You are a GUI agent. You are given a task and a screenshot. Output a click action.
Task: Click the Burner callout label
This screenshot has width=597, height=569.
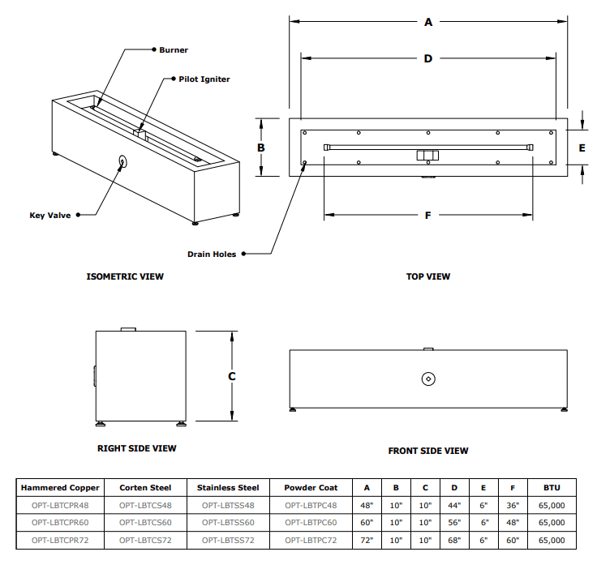174,50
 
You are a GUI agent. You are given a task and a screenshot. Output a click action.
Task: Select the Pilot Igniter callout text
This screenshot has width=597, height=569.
204,79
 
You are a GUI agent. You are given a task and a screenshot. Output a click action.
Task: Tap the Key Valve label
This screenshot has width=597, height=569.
49,215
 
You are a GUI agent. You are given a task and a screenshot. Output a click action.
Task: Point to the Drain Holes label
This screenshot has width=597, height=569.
212,254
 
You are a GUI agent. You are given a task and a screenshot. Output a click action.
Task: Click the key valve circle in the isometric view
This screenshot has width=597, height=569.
122,160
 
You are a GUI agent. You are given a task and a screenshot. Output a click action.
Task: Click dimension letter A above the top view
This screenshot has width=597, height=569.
428,23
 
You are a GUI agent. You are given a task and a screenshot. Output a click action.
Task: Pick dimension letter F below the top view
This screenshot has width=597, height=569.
427,215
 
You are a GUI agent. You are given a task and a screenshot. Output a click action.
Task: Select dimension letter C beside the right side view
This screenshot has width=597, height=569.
232,376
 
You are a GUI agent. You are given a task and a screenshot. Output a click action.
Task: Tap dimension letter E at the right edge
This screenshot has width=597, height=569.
582,148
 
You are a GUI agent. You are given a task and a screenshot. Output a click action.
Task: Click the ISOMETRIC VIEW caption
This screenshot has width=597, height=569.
125,276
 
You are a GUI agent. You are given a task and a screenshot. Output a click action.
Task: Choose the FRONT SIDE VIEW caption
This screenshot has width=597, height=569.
427,451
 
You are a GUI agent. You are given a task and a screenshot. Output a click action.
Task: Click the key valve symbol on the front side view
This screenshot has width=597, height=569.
428,379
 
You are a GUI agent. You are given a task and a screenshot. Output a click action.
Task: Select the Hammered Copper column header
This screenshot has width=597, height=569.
60,488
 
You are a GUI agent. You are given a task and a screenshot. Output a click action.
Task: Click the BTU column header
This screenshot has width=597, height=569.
552,488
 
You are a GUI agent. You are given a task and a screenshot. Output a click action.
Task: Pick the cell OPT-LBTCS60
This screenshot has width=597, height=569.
145,522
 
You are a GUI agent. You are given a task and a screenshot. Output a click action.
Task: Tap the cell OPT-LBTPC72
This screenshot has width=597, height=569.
311,539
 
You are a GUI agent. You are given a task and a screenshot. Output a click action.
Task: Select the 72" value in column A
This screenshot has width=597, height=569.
367,539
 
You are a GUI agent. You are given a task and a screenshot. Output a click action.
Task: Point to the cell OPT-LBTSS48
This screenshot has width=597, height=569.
228,505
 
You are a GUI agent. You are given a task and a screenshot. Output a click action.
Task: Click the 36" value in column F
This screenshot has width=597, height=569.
512,505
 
